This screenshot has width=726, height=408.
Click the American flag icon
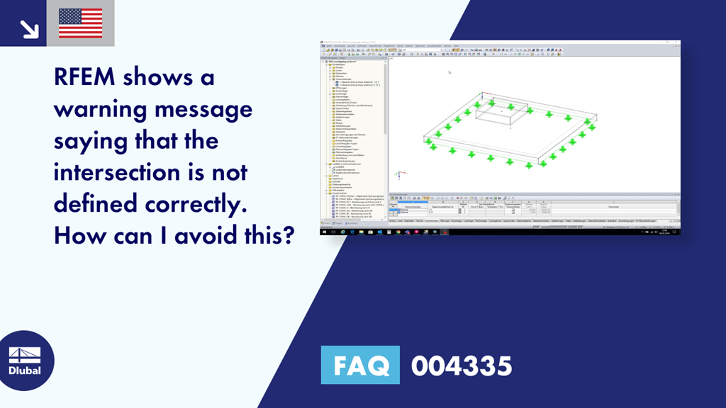(80, 23)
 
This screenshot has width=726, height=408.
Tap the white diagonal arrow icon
(29, 28)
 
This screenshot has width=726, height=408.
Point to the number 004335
(462, 365)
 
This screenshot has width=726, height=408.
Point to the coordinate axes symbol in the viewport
(399, 175)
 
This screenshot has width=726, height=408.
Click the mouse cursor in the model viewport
(449, 72)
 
